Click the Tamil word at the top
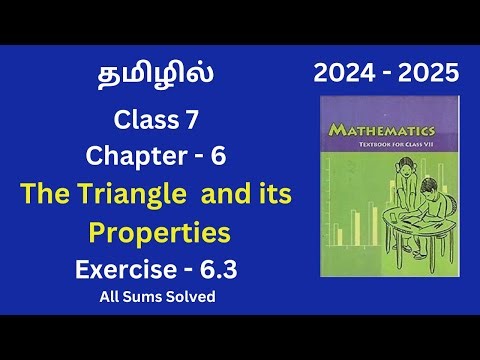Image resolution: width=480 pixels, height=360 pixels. coord(156,77)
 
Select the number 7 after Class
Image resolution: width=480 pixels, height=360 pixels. coord(199,122)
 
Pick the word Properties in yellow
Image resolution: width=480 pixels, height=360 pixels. coord(160,233)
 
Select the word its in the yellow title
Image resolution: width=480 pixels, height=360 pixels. coord(273,196)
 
